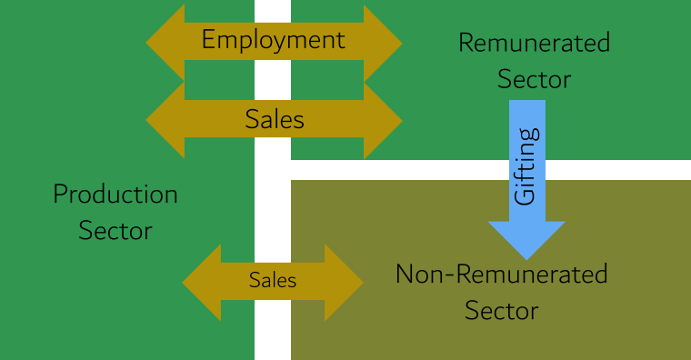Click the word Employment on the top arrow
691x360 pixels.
pyautogui.click(x=273, y=40)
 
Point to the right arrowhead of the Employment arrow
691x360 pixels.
pyautogui.click(x=384, y=42)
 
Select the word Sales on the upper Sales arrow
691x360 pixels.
pyautogui.click(x=274, y=119)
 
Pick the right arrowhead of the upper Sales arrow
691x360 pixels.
pyautogui.click(x=384, y=120)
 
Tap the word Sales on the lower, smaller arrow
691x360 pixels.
pyautogui.click(x=273, y=281)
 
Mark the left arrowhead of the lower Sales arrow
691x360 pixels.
pyautogui.click(x=199, y=282)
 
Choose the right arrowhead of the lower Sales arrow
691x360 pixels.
pyautogui.click(x=346, y=282)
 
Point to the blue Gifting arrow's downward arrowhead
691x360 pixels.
pyautogui.click(x=527, y=238)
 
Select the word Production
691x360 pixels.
pyautogui.click(x=115, y=194)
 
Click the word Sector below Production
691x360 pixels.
pyautogui.click(x=115, y=230)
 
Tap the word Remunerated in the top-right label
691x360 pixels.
pyautogui.click(x=534, y=43)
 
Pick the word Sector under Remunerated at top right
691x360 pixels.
pyautogui.click(x=534, y=79)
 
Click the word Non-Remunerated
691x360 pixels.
pyautogui.click(x=501, y=274)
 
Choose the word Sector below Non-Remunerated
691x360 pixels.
pyautogui.click(x=501, y=311)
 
